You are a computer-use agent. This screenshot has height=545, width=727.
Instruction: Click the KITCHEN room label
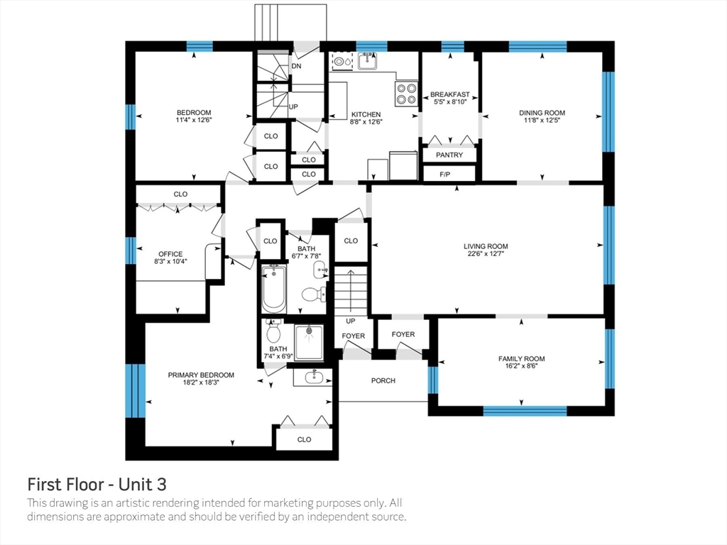tap(366, 114)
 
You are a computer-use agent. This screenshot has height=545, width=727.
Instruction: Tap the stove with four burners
tap(405, 93)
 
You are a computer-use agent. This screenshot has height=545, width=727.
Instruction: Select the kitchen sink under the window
tap(367, 61)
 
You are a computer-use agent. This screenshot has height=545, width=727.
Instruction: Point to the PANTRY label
tap(449, 155)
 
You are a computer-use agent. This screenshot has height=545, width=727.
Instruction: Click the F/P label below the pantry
tap(444, 175)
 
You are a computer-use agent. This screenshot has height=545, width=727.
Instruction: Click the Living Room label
tap(486, 246)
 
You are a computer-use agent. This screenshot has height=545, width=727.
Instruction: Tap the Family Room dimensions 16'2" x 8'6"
tap(522, 366)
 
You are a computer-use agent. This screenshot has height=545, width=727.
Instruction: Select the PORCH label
tap(383, 380)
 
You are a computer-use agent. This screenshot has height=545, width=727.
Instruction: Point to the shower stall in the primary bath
tap(310, 342)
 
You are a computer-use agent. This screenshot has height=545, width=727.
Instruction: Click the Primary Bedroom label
tap(201, 375)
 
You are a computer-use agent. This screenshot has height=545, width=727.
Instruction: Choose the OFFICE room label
tap(170, 254)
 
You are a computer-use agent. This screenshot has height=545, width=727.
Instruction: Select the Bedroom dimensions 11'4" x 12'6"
tap(194, 120)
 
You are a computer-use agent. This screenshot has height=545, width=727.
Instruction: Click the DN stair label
tap(296, 66)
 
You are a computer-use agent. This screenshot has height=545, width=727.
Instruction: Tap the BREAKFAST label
tap(449, 94)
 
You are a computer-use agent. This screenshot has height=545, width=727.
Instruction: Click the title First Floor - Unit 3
tap(97, 484)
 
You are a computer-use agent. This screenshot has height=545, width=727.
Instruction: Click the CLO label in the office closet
tap(180, 194)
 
